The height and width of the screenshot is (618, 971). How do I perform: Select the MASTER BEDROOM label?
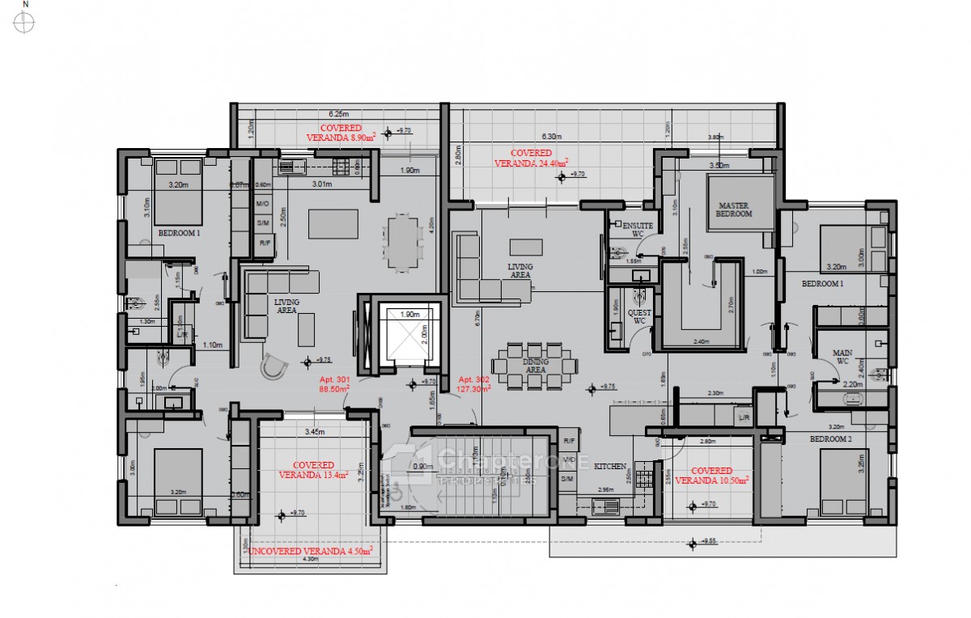point(734,209)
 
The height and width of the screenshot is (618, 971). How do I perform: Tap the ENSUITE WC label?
point(633,230)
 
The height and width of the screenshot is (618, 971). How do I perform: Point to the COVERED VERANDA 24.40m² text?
point(531,158)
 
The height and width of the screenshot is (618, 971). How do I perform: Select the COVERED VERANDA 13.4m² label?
point(313,470)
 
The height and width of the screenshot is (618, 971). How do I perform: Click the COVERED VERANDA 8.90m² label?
point(341,133)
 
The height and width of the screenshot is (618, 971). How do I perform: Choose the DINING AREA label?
point(535,366)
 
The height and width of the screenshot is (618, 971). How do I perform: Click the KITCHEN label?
point(611,468)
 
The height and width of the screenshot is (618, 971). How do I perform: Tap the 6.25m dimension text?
point(338,114)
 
